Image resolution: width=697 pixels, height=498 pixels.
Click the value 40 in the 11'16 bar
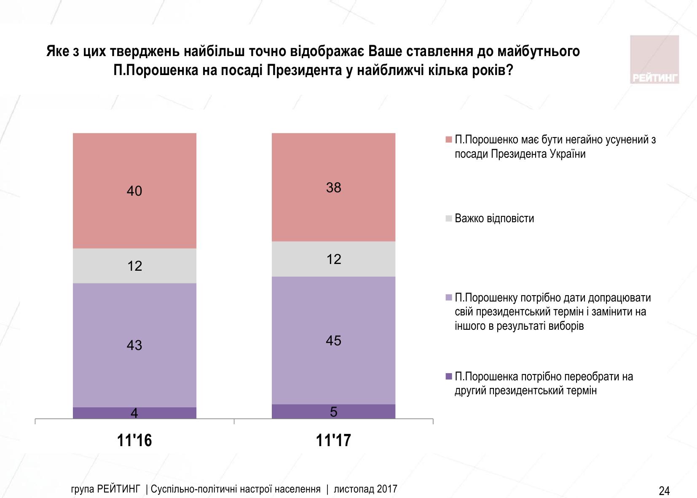[134, 191]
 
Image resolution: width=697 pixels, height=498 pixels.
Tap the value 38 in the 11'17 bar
[333, 188]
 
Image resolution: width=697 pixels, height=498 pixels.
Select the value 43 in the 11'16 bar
[134, 345]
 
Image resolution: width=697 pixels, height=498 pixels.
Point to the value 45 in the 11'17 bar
[333, 341]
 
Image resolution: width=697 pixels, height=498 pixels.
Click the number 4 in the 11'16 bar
[134, 413]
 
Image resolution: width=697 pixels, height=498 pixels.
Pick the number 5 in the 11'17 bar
[333, 412]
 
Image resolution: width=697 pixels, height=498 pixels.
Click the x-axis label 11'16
[134, 441]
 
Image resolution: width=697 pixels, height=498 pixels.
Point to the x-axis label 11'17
[333, 441]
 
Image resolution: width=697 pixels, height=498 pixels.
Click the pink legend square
[448, 140]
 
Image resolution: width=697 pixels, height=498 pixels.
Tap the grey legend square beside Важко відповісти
[448, 218]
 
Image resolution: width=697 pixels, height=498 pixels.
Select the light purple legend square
[448, 298]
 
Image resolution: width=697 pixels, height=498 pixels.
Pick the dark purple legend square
[448, 376]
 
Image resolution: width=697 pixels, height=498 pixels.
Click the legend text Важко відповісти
[494, 218]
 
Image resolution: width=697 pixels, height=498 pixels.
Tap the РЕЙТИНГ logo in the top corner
[654, 59]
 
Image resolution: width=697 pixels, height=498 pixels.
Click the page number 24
[664, 490]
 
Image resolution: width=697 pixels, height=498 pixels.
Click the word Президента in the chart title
[308, 70]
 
